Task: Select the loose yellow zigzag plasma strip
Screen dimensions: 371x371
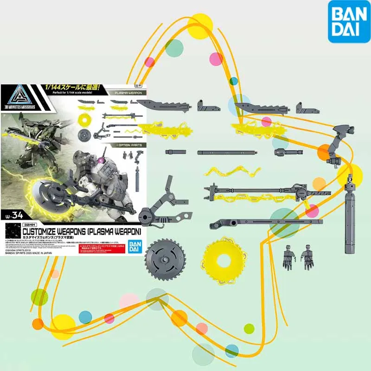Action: [x=231, y=171]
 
